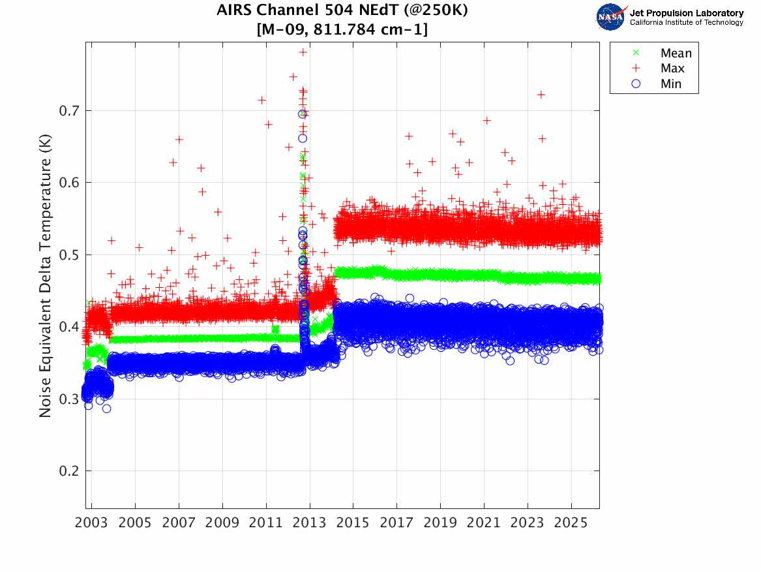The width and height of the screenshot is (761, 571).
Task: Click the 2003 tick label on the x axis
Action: [x=92, y=523]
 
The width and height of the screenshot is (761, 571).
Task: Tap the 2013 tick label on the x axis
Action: [x=310, y=523]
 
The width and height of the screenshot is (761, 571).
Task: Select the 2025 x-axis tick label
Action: [x=571, y=523]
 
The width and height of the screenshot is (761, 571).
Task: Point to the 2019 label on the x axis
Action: [x=440, y=523]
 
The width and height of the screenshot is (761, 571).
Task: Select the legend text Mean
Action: [x=676, y=54]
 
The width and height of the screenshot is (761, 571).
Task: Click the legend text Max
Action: [x=672, y=69]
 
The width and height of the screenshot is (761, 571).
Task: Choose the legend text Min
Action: [x=671, y=84]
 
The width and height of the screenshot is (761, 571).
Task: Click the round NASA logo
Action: [x=610, y=17]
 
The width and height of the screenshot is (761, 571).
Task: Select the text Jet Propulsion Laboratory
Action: [x=686, y=13]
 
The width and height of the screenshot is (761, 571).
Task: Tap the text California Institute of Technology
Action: [x=686, y=23]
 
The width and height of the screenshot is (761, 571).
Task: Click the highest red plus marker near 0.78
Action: [x=303, y=52]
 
